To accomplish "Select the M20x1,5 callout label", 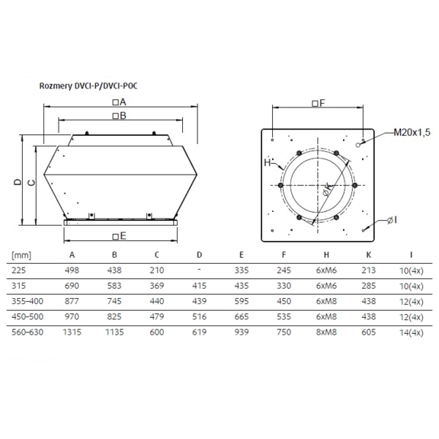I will click(x=412, y=133).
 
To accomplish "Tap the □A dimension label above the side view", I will click(x=119, y=101).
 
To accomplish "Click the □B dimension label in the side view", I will click(x=119, y=116).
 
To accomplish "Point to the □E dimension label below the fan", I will click(x=119, y=236).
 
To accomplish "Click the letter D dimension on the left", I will click(x=16, y=182).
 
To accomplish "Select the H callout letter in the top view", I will click(x=268, y=163).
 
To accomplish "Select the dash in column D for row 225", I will click(x=199, y=270).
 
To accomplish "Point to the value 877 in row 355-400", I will click(x=72, y=301).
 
